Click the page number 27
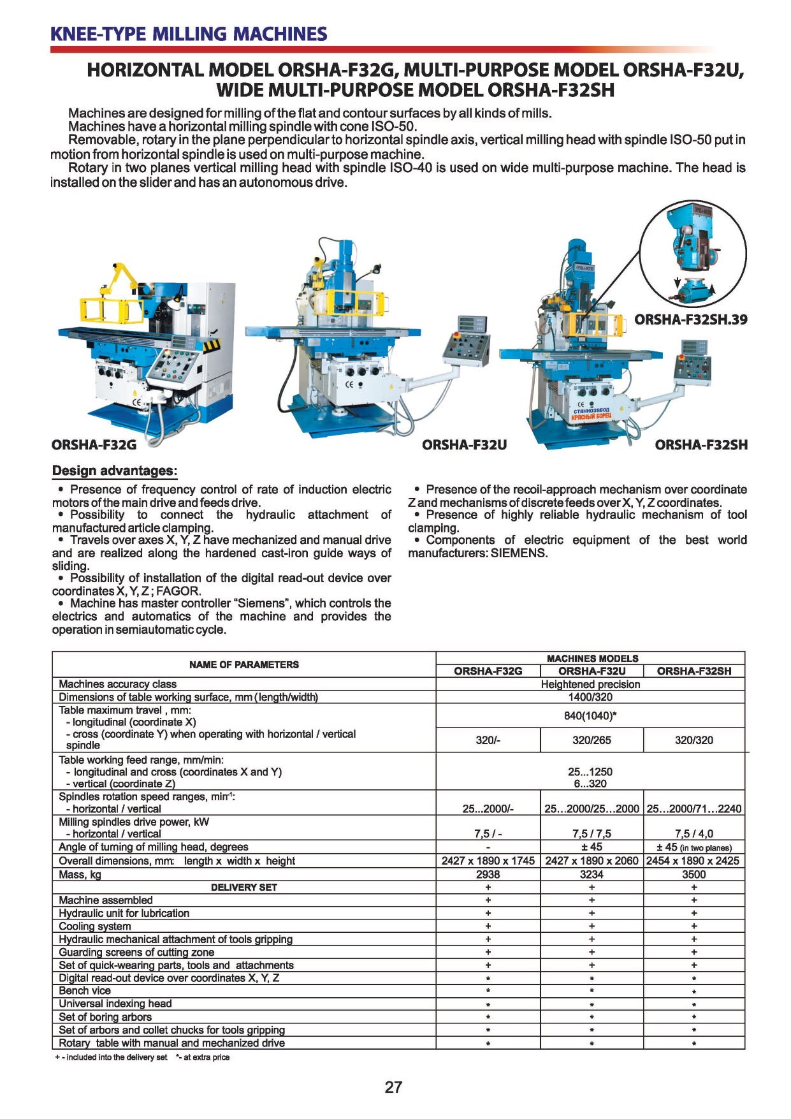[x=393, y=1087]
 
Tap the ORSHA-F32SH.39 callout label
[x=690, y=319]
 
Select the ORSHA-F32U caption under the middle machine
[x=464, y=444]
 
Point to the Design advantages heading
[x=114, y=471]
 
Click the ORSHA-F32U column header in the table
[x=591, y=671]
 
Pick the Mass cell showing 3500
[x=693, y=874]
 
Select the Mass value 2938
[x=488, y=874]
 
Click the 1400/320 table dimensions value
[x=590, y=697]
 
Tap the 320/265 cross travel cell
[x=591, y=740]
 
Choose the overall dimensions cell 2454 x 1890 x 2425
[x=693, y=860]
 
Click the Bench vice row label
[x=85, y=990]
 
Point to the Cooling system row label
[x=95, y=926]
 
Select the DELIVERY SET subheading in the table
[x=244, y=887]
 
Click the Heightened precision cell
[x=590, y=684]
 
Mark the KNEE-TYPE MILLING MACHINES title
[x=189, y=34]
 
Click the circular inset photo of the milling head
[x=692, y=253]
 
